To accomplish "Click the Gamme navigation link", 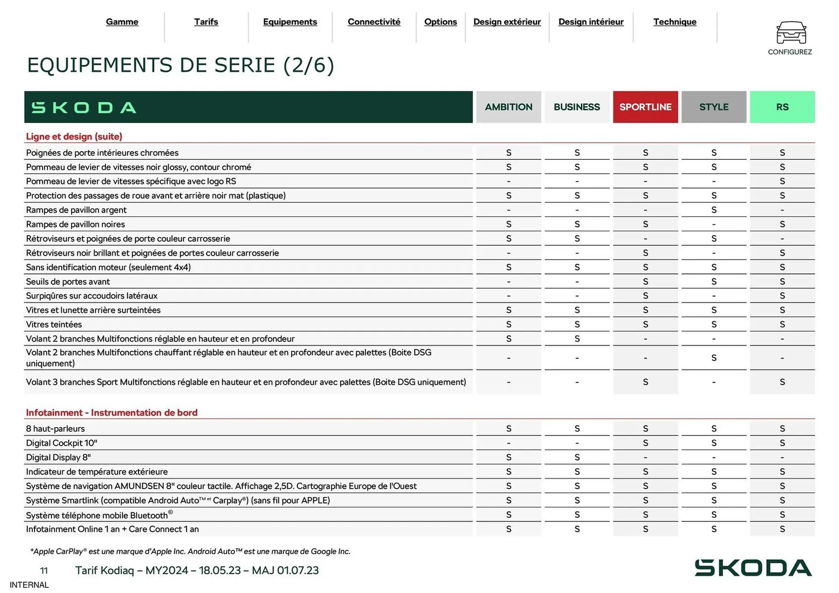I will [122, 22].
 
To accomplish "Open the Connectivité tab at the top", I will [374, 22].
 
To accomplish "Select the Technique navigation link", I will [675, 22].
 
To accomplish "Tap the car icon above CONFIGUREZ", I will [791, 32].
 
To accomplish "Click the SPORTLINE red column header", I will [645, 107].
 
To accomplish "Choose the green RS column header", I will [782, 107].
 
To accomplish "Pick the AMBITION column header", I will [508, 107].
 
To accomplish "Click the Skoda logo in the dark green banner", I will [84, 107].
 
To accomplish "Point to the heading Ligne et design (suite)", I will [74, 136].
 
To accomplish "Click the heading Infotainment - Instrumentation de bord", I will [111, 413].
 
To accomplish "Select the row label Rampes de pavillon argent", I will [76, 210].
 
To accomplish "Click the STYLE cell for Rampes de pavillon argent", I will [714, 210].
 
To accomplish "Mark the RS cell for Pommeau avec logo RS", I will [782, 181].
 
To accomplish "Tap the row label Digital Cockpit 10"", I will [61, 443].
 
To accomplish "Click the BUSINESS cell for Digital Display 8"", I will [577, 457].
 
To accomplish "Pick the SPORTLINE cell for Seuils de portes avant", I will [645, 282].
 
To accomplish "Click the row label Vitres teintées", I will [54, 324].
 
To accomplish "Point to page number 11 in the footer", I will [44, 570].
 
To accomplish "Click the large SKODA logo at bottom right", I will [753, 568].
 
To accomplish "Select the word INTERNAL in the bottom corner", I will [29, 585].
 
